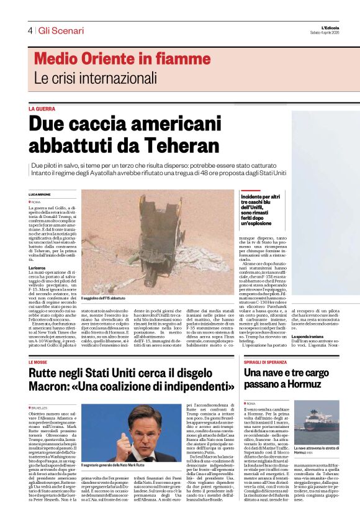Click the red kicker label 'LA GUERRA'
click(x=42, y=109)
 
